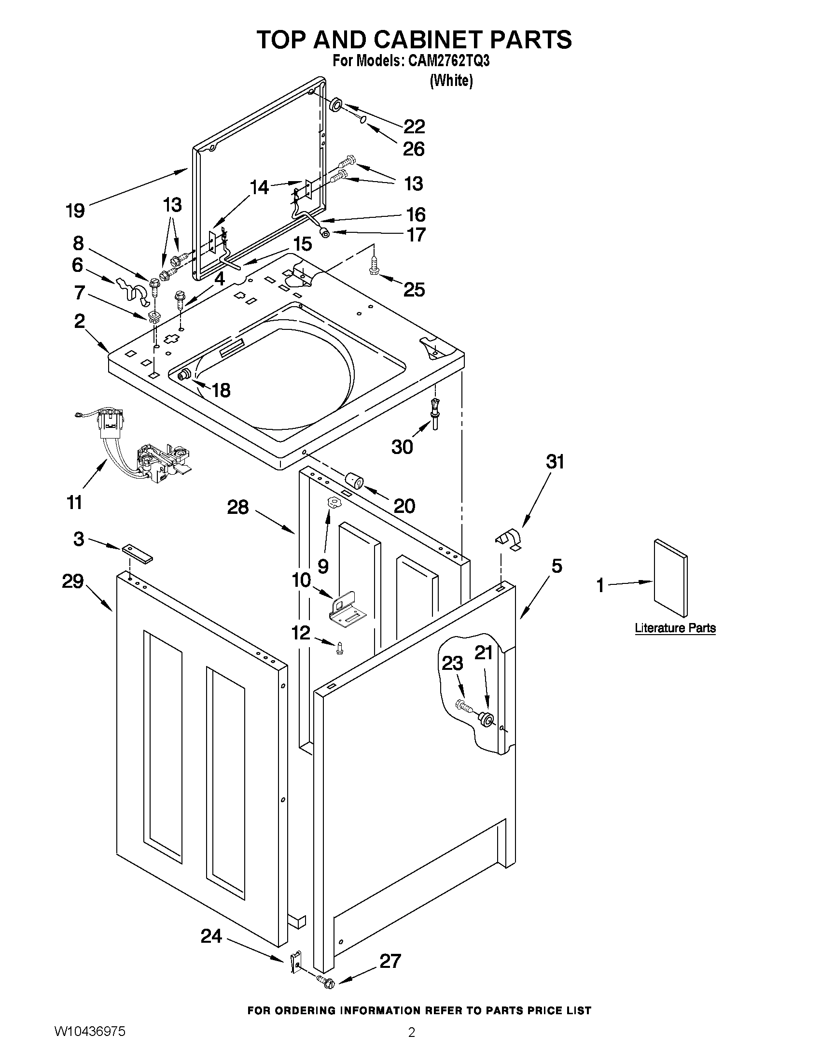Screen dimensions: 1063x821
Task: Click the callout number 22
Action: [x=415, y=127]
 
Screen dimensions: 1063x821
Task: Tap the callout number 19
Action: [x=75, y=210]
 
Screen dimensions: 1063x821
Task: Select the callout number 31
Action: [x=556, y=461]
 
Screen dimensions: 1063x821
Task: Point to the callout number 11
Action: [x=74, y=501]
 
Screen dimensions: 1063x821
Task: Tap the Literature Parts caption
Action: [x=675, y=628]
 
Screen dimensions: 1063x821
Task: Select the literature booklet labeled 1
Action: [x=671, y=578]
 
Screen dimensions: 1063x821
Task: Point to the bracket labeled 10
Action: [x=343, y=607]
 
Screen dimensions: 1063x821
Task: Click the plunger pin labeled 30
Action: [x=434, y=413]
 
